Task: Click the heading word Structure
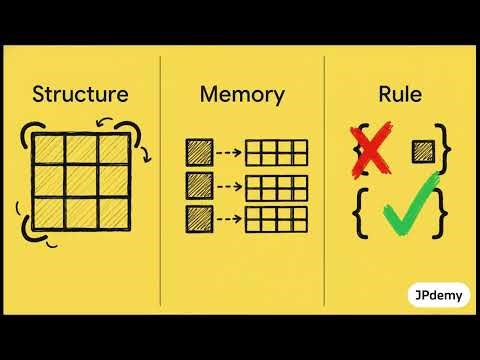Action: (x=80, y=96)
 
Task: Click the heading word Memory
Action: (x=242, y=96)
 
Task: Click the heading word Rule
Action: (x=401, y=96)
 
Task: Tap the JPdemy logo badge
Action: (x=441, y=296)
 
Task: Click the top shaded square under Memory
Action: (x=199, y=153)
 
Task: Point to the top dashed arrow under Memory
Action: (x=230, y=153)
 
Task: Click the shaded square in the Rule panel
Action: (x=423, y=152)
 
